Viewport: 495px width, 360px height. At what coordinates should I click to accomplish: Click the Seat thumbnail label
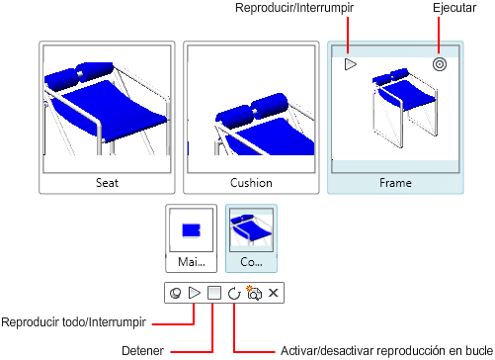107,183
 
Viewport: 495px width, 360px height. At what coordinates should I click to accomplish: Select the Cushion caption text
251,183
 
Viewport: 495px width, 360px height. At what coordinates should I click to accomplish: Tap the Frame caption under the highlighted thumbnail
395,183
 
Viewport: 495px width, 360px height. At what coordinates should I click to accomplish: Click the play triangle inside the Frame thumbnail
351,64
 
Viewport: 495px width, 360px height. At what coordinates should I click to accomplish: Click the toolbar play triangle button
195,293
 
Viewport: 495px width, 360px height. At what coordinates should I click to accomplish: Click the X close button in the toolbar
274,293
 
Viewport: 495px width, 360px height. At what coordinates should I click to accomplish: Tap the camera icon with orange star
254,293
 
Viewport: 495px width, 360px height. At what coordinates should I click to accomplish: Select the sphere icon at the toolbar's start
175,293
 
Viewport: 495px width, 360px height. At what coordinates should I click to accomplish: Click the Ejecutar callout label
454,8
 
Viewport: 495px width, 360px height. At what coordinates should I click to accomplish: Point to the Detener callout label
142,351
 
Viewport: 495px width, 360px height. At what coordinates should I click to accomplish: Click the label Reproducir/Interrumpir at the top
294,8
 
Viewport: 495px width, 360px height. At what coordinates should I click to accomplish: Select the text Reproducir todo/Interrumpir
73,322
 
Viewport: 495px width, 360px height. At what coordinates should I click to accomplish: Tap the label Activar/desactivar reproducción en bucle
386,351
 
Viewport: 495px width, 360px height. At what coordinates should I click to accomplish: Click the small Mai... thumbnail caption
192,262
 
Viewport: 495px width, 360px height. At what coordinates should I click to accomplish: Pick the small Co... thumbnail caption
251,262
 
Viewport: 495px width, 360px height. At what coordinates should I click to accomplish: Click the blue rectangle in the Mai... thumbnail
192,230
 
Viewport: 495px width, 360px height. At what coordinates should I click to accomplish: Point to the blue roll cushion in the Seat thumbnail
79,74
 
